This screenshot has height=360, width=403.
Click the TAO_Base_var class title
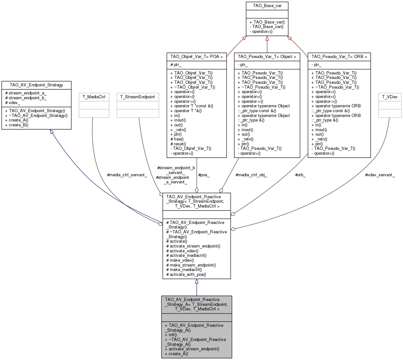pos(267,6)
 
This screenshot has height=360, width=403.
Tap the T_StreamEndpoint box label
pos(138,97)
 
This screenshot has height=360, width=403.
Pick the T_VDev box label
pos(390,97)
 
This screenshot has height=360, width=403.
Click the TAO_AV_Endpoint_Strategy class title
pos(36,85)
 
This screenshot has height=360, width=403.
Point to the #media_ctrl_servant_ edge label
pos(127,175)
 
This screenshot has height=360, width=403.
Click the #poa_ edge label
pos(204,175)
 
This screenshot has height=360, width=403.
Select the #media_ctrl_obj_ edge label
pos(251,175)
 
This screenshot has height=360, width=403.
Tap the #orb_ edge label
pos(300,175)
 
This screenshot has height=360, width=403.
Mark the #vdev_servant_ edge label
pos(380,175)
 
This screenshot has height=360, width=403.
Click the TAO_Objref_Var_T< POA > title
pos(197,57)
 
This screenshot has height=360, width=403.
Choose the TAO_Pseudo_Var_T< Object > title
pos(267,57)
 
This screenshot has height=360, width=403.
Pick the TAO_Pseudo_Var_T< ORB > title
pos(339,57)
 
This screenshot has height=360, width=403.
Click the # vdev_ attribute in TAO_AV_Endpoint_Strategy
pos(13,103)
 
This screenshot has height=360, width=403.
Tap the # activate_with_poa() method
pos(186,275)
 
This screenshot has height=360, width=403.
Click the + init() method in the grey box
pos(171,335)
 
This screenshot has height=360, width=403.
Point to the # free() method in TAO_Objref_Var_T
pos(177,139)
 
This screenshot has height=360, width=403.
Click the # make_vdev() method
pos(180,260)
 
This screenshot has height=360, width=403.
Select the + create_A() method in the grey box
pos(176,354)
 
